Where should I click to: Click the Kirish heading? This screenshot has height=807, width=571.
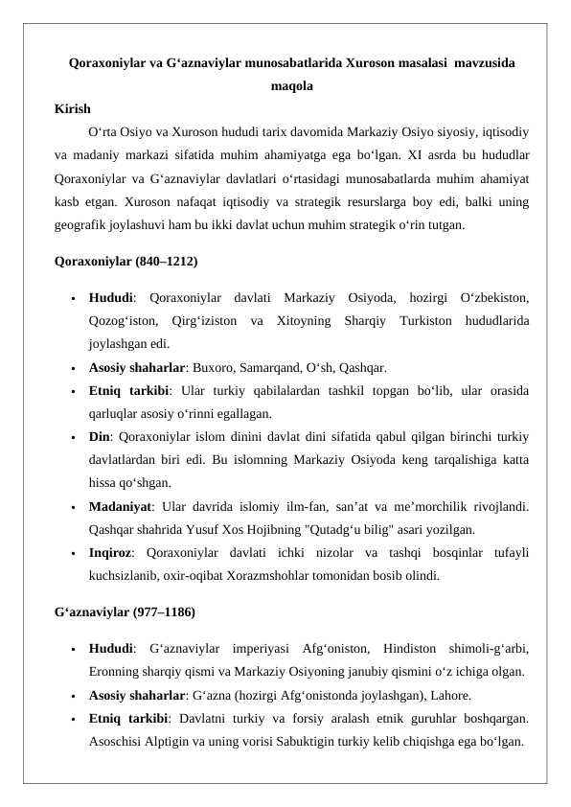click(x=73, y=109)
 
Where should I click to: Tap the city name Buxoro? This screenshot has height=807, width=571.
click(x=202, y=367)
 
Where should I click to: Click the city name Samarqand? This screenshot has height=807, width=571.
click(x=256, y=367)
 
